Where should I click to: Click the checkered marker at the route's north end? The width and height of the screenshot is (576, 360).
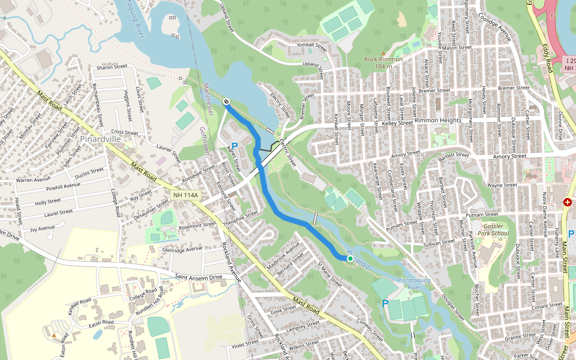pos(226,101)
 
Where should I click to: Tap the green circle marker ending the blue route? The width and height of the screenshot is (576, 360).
pos(350,258)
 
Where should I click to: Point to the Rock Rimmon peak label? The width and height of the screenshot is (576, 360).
pos(383,59)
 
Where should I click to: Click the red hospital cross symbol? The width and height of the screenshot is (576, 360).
pos(567,203)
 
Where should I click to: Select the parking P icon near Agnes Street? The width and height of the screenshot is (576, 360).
pos(235,146)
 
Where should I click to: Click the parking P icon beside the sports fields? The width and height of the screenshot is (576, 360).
pos(385,304)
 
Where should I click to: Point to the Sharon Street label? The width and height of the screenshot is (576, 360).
pos(112,67)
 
